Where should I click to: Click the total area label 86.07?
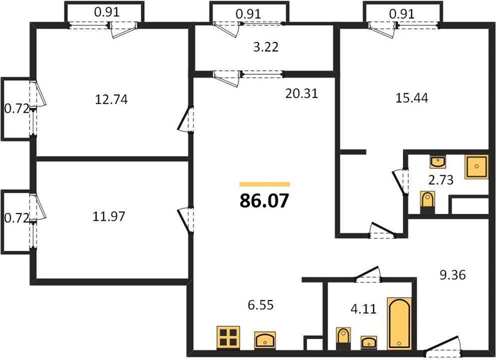coord(264,200)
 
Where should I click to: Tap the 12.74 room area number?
coord(112,100)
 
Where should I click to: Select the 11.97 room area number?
coord(109,217)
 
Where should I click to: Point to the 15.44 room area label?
coord(412,98)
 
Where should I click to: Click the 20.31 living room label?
coord(302,94)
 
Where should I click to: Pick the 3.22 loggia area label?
coord(266,47)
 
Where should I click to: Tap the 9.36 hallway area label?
coord(453,275)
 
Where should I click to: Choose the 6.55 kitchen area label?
coord(261,305)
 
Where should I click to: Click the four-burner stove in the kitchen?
coord(229,338)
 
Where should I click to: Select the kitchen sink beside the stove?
coord(265,340)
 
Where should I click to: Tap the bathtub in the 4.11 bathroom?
coord(399,323)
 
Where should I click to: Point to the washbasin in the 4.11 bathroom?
coord(369,342)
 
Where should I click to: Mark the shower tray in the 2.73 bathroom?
coord(476,167)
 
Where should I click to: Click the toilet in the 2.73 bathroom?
coord(428,202)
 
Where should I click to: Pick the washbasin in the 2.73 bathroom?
coord(438,162)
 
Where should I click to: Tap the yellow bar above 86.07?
coord(264,184)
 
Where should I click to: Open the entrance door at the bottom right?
coord(443,346)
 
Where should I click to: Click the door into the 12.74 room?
coord(185,119)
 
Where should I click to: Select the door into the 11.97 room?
coord(185,220)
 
